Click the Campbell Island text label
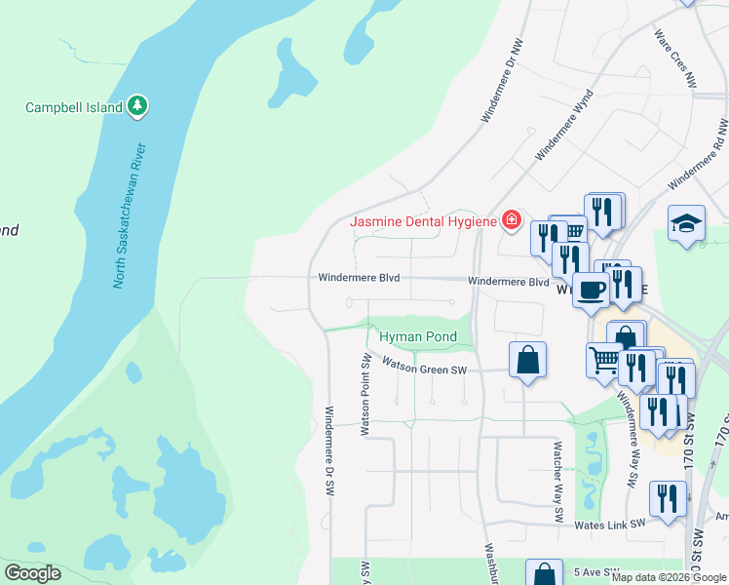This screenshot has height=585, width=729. [74, 107]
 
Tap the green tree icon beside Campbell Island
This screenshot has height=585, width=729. [138, 105]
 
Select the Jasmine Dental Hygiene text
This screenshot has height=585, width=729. [423, 222]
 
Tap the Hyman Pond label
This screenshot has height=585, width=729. [418, 337]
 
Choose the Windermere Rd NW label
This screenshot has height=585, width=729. [699, 154]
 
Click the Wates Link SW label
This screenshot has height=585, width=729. [610, 524]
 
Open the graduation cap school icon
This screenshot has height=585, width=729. [686, 223]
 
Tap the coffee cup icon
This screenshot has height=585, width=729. [592, 289]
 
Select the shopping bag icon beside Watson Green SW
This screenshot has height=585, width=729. [527, 359]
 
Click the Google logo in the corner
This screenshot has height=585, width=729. [32, 573]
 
